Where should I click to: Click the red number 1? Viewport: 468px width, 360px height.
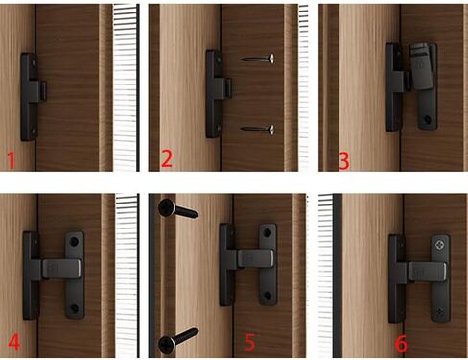click(x=12, y=160)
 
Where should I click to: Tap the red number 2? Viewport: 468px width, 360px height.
click(x=167, y=159)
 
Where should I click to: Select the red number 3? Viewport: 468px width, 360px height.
click(x=344, y=160)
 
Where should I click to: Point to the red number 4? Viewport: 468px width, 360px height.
click(x=14, y=342)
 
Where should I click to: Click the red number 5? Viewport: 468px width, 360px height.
click(x=250, y=342)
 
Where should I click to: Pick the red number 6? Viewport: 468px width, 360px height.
click(x=402, y=344)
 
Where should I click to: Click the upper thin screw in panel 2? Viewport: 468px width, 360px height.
click(x=258, y=59)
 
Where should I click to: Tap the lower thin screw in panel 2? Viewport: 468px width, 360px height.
click(x=258, y=130)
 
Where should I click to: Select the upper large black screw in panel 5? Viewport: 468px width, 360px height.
click(x=178, y=208)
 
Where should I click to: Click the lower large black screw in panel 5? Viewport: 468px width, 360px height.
click(x=178, y=341)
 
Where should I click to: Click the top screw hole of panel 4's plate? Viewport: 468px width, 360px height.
click(x=74, y=241)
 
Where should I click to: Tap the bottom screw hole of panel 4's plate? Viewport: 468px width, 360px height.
click(x=74, y=309)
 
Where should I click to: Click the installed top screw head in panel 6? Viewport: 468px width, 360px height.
click(x=439, y=245)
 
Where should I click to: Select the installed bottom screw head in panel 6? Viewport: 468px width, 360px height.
click(x=440, y=312)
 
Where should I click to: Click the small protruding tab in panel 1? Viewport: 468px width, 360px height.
click(x=43, y=90)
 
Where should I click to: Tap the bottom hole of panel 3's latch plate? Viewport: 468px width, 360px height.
click(x=428, y=120)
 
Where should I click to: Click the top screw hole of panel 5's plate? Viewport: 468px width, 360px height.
click(x=268, y=232)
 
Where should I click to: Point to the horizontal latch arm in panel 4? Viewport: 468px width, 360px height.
click(x=61, y=269)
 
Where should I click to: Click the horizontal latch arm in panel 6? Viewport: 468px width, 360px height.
click(x=427, y=273)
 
